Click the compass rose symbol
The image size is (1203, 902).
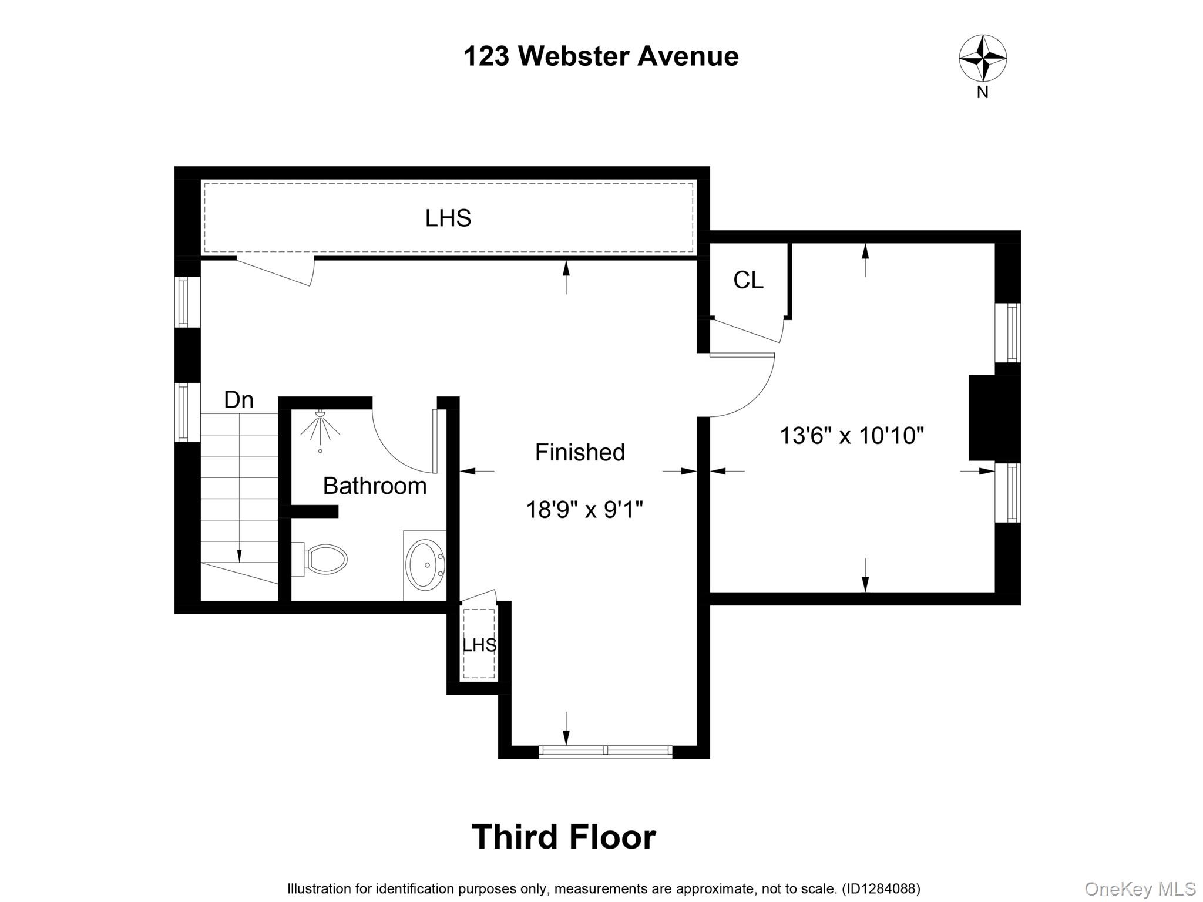coord(983,58)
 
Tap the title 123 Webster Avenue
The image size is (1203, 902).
coord(601,56)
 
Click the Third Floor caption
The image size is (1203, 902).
coord(563,837)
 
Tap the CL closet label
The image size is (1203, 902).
coord(748,280)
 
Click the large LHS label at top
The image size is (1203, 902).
coord(448,218)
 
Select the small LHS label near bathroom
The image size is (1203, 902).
coord(479,645)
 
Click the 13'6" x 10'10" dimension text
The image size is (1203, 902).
coord(851,436)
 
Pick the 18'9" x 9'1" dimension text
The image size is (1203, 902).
coord(584,509)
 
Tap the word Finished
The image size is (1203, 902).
coord(580,452)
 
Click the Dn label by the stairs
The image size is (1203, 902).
coord(238,400)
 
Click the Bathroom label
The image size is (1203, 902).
coord(374,486)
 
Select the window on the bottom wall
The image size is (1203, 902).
coord(605,750)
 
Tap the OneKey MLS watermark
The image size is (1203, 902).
coord(1140,888)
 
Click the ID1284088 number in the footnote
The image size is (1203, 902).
coord(881,889)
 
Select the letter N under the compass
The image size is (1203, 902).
coord(982,93)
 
